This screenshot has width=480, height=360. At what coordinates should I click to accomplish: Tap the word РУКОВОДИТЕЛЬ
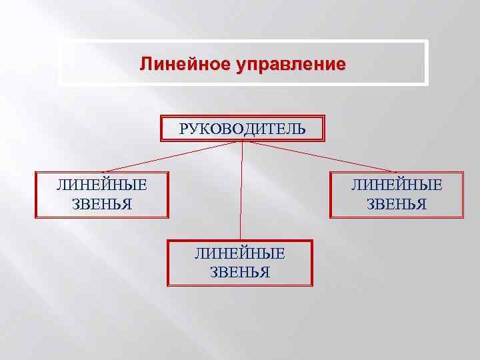tap(243, 128)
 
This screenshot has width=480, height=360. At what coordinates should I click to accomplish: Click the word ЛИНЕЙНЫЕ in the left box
tap(102, 185)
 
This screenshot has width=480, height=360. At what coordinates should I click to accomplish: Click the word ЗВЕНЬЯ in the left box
tap(102, 203)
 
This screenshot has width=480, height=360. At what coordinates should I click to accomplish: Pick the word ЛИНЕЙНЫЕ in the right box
tap(397, 185)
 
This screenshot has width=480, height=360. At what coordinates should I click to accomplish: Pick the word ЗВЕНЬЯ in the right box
tap(397, 203)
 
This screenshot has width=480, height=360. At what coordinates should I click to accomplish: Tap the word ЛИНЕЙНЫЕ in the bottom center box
tap(239, 253)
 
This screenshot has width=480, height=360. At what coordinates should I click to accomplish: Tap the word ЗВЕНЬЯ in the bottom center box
tap(239, 271)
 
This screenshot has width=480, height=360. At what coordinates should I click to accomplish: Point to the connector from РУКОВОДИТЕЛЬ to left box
tap(173, 156)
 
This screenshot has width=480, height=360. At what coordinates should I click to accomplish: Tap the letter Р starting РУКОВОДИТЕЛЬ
tap(183, 128)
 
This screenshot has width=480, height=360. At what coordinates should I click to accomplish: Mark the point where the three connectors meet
tap(242, 141)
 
